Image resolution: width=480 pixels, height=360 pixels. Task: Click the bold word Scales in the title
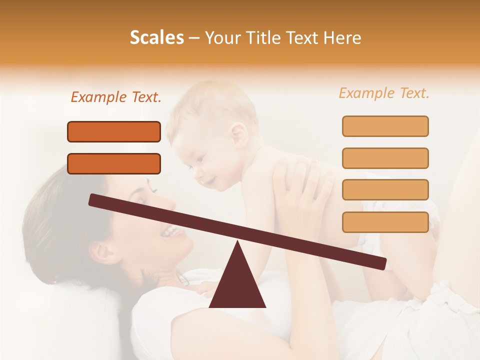156,37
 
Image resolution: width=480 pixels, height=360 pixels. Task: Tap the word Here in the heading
342,37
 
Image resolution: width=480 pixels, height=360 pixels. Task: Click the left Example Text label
116,97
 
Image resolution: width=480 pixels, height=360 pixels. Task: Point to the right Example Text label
384,93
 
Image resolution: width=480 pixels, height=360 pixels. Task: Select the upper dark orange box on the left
114,131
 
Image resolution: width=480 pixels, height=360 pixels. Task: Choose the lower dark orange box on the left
114,163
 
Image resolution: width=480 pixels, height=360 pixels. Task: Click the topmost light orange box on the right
385,126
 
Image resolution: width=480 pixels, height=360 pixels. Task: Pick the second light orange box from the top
385,158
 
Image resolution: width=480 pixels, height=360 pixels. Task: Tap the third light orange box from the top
385,189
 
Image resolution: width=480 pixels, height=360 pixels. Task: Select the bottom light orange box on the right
385,221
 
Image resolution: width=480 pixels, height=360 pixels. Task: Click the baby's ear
238,133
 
